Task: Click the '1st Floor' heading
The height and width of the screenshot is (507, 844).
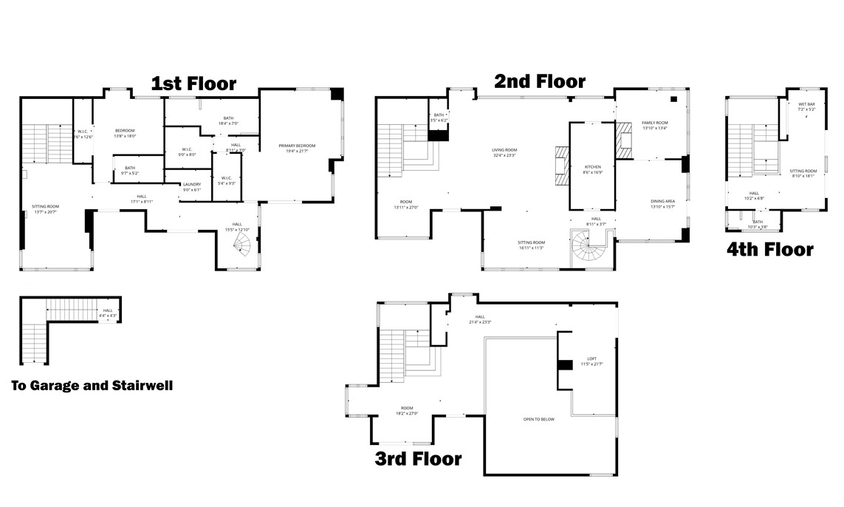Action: [x=193, y=84]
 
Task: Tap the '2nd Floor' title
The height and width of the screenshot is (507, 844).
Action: [x=540, y=81]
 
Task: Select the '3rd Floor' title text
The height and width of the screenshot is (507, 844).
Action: [x=418, y=459]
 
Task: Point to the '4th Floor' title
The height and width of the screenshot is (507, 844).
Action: [x=769, y=250]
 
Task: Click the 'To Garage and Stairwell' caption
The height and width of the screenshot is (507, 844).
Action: [x=92, y=386]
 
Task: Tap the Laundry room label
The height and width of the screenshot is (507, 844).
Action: [x=192, y=186]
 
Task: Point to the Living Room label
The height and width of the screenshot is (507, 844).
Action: [x=504, y=152]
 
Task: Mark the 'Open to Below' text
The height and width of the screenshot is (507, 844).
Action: [x=539, y=420]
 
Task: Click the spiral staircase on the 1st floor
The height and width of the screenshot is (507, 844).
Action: [x=244, y=249]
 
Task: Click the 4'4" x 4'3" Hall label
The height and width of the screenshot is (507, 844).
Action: [x=108, y=313]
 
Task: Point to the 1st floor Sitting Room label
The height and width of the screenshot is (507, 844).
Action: [x=45, y=209]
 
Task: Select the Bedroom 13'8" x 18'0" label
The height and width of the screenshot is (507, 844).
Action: [x=124, y=133]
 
